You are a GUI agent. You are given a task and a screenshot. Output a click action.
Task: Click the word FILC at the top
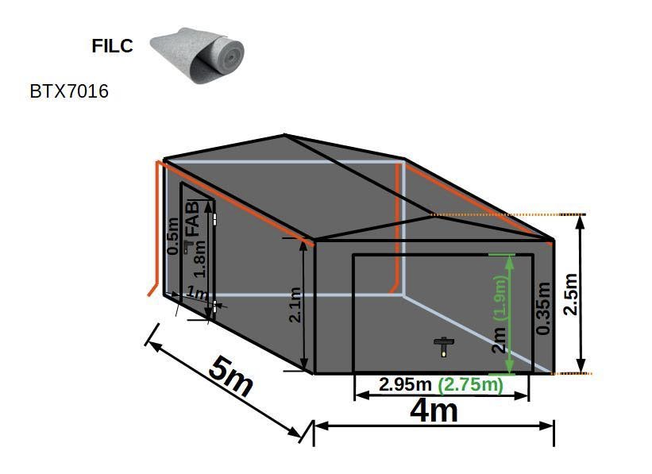(x=112, y=46)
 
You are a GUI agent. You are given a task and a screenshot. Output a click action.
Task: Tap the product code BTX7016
(x=69, y=91)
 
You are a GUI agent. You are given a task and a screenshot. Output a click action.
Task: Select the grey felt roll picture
(x=197, y=56)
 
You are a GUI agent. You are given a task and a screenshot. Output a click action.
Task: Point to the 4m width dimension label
(x=434, y=410)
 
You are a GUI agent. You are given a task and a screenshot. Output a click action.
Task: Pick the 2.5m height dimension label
(x=570, y=294)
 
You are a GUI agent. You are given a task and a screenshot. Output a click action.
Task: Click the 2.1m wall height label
(x=295, y=305)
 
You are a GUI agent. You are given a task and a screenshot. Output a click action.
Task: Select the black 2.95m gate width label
(x=405, y=384)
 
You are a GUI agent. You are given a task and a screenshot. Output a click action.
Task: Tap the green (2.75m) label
(x=471, y=384)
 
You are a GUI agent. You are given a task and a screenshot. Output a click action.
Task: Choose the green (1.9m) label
(x=500, y=298)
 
